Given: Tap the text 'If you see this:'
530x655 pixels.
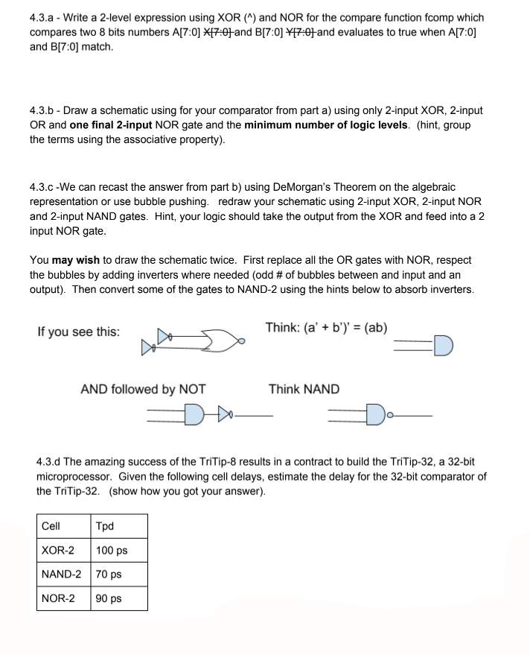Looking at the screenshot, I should click(78, 332).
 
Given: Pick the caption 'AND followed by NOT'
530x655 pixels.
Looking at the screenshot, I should click(143, 389).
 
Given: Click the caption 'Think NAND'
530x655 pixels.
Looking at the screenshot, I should click(304, 389).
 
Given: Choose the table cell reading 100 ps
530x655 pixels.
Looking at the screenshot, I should click(112, 551).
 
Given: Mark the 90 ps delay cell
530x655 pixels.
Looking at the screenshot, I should click(109, 598).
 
